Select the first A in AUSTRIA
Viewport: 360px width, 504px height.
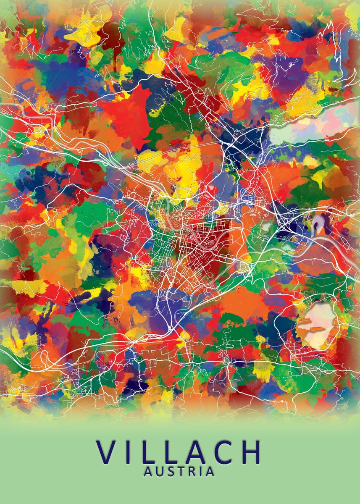(x=148, y=472)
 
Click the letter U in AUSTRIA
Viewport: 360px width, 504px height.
(x=160, y=472)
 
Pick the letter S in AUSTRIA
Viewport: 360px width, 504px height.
(x=170, y=472)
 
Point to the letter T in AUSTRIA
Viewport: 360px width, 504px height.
(x=179, y=472)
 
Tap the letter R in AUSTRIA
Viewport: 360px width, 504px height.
(x=190, y=472)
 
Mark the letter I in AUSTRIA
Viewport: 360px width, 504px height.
(x=199, y=472)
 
